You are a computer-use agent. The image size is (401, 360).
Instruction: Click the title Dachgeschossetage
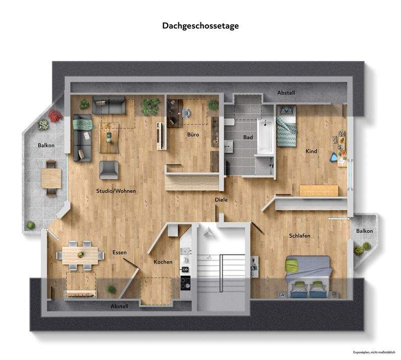[x=201, y=25]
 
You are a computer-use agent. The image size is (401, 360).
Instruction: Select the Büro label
[x=193, y=135]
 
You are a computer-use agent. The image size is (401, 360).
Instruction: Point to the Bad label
[x=247, y=137]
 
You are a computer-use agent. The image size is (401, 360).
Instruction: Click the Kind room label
[x=311, y=151]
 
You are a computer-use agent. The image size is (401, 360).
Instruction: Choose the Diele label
[x=221, y=200]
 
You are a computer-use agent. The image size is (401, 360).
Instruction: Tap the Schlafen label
[x=299, y=236]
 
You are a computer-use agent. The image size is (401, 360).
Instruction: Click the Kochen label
[x=163, y=262]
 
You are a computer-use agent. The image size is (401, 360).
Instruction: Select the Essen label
[x=120, y=252]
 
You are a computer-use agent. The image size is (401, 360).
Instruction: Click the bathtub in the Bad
[x=265, y=135]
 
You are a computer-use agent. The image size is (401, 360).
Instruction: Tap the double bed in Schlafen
[x=308, y=276]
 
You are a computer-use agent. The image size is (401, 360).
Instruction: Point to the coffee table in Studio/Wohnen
[x=109, y=138]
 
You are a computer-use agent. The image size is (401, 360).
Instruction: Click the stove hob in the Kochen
[x=185, y=283]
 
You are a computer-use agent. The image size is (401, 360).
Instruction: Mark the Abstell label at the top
[x=286, y=93]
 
